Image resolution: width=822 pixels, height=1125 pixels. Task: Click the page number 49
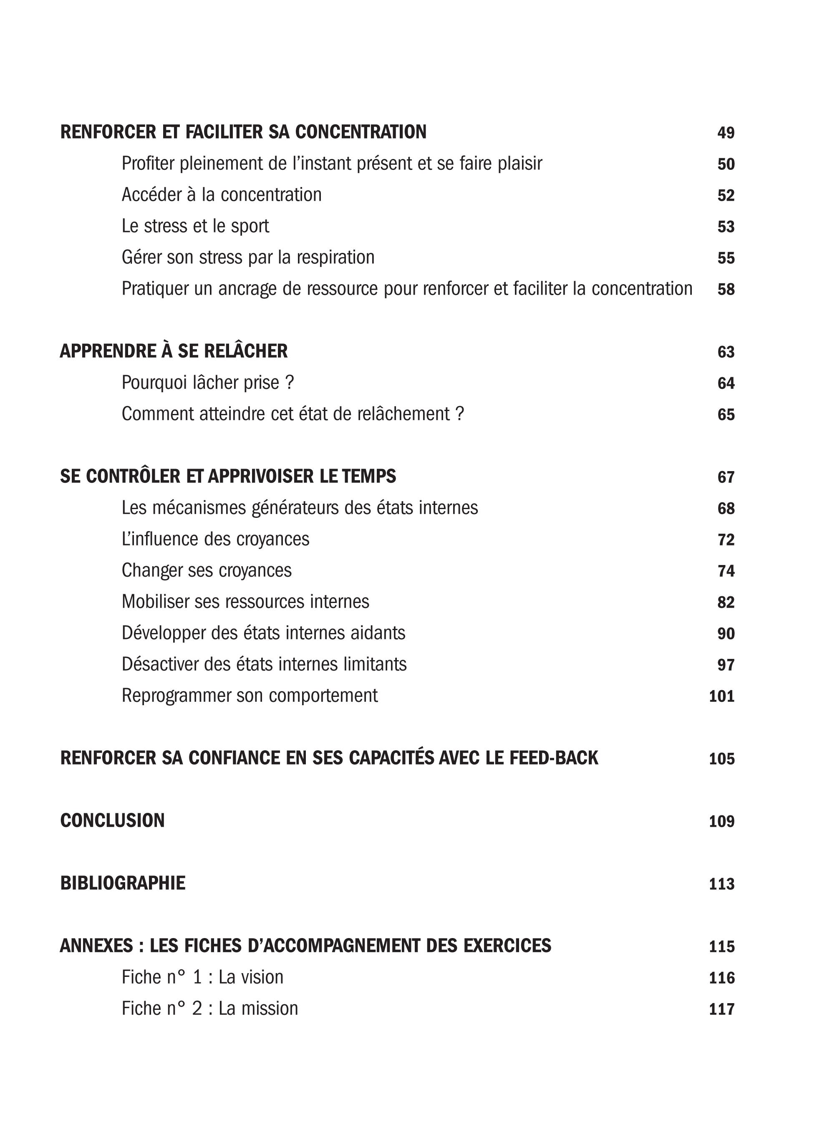tap(726, 133)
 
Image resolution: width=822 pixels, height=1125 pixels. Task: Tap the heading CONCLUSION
tap(113, 821)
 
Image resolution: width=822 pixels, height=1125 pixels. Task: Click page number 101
tap(721, 696)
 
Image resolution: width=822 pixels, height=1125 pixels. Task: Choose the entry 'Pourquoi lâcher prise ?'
tap(207, 383)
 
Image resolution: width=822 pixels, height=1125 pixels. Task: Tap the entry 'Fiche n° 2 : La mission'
tap(209, 1009)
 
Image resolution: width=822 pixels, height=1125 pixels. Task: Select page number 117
tap(721, 1009)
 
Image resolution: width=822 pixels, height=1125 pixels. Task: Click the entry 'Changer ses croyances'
tap(207, 570)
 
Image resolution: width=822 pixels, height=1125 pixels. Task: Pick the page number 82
tap(726, 603)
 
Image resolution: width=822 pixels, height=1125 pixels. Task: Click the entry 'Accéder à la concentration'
tap(222, 194)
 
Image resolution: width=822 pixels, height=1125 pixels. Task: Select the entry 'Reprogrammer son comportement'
tap(249, 696)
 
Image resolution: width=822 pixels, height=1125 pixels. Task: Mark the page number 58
tap(726, 289)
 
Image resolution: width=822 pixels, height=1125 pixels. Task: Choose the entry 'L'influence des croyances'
tap(215, 539)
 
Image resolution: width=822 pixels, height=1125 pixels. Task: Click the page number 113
tap(721, 884)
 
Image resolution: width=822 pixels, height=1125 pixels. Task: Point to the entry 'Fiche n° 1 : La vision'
tap(202, 977)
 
